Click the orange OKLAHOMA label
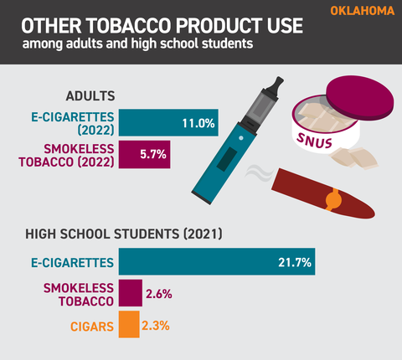click(x=363, y=11)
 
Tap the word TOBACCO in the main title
click(x=129, y=26)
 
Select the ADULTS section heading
click(x=90, y=96)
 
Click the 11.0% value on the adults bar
click(x=198, y=123)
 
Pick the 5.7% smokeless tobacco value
click(x=153, y=154)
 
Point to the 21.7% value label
click(x=295, y=263)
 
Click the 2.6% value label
click(x=159, y=294)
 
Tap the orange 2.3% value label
click(x=156, y=326)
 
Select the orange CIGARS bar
click(x=129, y=324)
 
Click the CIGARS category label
click(x=92, y=327)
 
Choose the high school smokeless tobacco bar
click(x=131, y=293)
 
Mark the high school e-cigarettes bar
click(x=217, y=261)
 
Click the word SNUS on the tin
click(x=314, y=141)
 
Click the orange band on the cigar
click(x=332, y=199)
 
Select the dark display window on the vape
click(x=227, y=159)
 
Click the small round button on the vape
click(x=241, y=138)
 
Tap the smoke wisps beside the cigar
click(x=259, y=173)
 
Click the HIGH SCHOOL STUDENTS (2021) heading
click(x=124, y=234)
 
